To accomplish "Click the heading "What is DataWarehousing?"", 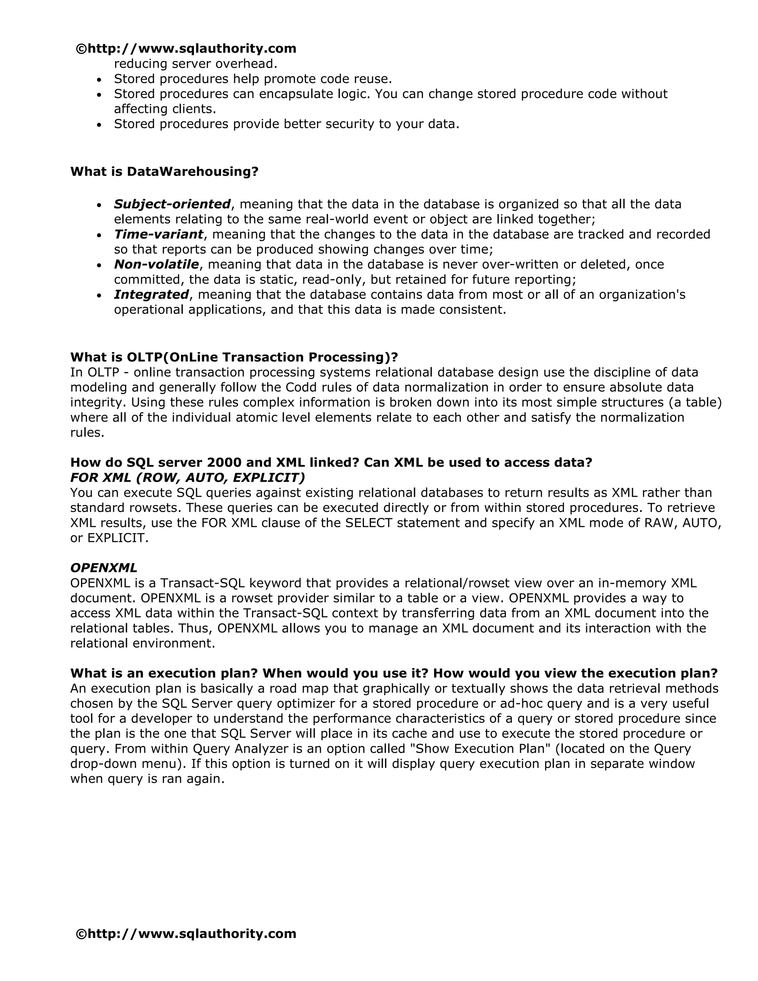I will [164, 172].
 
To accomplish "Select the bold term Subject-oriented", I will [172, 204].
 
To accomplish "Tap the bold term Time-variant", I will [158, 234].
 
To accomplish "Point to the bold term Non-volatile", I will [156, 265].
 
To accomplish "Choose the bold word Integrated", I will [151, 295].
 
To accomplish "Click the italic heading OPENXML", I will [104, 568].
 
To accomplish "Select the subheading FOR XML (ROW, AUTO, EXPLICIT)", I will [187, 478].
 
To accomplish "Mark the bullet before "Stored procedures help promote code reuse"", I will [100, 80].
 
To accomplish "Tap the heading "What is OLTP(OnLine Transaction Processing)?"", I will [234, 358].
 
